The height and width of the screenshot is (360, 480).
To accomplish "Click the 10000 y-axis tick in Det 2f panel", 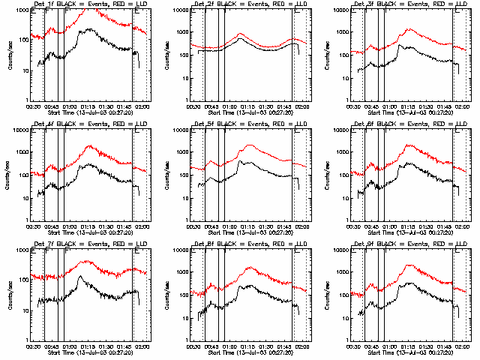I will [181, 10].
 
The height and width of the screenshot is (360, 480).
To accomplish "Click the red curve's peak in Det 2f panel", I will [240, 34].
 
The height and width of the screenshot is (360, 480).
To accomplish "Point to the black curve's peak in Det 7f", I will [81, 277].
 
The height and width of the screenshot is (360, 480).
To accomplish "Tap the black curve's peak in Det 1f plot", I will [90, 29].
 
